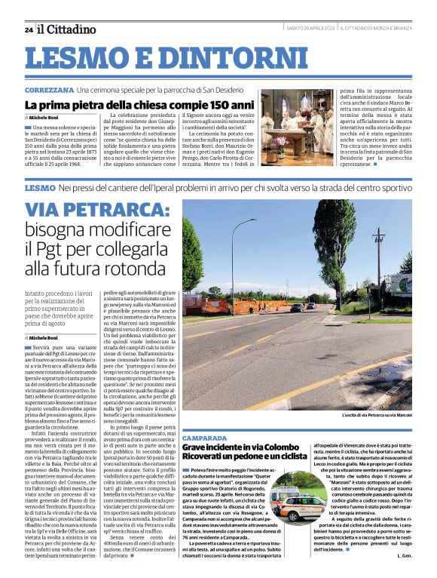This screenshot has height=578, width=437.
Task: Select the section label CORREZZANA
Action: click(x=48, y=90)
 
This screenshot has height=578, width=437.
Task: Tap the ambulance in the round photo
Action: click(x=289, y=497)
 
